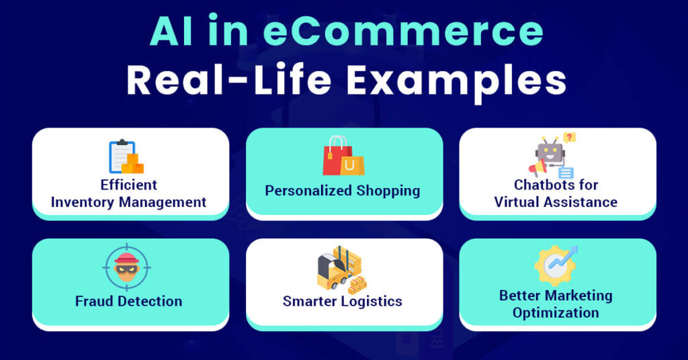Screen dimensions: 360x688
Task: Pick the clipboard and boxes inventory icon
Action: (x=126, y=157)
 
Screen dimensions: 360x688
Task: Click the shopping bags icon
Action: (x=343, y=156)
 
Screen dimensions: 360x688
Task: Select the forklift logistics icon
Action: (x=342, y=268)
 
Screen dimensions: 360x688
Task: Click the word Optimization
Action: (x=556, y=313)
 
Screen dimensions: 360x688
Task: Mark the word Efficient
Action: (x=129, y=185)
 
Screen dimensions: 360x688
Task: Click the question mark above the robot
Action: (x=569, y=138)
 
